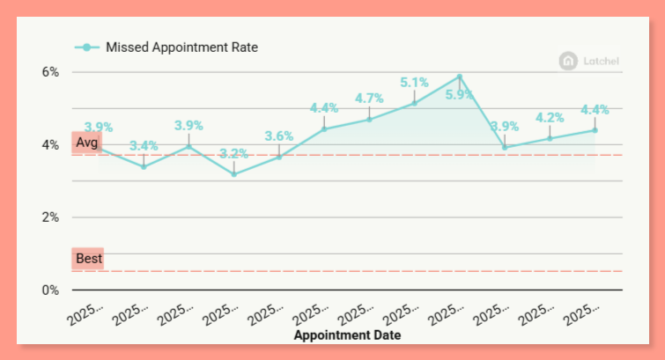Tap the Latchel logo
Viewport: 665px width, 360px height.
tap(591, 61)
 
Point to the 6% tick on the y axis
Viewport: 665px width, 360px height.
tap(51, 72)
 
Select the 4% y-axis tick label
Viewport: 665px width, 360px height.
tap(51, 144)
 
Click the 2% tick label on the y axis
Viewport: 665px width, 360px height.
tap(51, 217)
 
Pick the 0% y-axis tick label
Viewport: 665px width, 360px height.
tap(51, 290)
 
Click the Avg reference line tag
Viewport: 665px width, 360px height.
tap(87, 143)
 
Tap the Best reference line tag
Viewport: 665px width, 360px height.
tap(88, 259)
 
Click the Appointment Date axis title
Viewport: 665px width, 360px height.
tap(347, 335)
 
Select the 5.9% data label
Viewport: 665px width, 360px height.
tap(460, 95)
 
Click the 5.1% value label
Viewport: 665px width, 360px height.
tap(414, 83)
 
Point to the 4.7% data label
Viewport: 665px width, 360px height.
tap(369, 99)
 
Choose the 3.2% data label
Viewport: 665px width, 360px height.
tap(233, 153)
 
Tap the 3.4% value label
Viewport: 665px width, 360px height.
tap(144, 145)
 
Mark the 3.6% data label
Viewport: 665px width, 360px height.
tap(278, 136)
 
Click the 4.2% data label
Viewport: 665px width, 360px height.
tap(550, 118)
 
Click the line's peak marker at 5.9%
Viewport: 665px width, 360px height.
tap(460, 77)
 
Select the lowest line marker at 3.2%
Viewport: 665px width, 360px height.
tap(233, 174)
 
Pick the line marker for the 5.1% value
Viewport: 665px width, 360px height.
tap(414, 103)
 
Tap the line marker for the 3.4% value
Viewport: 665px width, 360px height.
tap(144, 166)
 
